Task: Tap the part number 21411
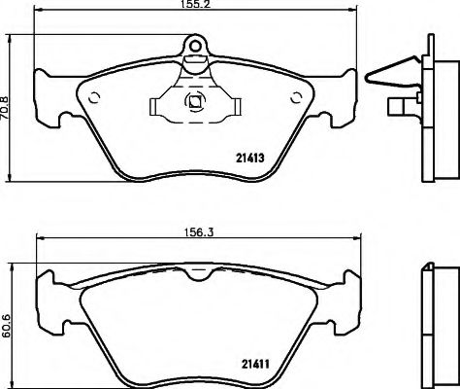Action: tap(254, 365)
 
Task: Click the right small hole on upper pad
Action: tap(297, 96)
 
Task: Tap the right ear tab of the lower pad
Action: tap(348, 288)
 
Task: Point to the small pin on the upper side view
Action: tap(400, 108)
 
